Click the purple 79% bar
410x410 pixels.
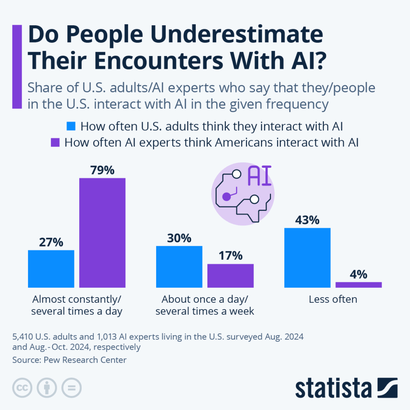tap(102, 233)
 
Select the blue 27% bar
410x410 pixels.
tap(51, 269)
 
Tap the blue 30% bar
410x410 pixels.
tap(179, 267)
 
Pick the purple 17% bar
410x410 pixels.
tap(230, 275)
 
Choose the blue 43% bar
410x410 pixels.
tap(307, 257)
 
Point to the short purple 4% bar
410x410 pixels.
tap(358, 285)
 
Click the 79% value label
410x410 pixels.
tap(102, 170)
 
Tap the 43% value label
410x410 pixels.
tap(307, 220)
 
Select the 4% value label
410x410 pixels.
tap(358, 274)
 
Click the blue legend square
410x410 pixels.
tap(71, 127)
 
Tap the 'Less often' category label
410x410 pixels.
tap(333, 299)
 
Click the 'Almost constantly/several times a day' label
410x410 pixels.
tap(76, 305)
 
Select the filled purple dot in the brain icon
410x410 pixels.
tap(226, 196)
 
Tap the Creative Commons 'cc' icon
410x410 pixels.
tap(23, 388)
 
